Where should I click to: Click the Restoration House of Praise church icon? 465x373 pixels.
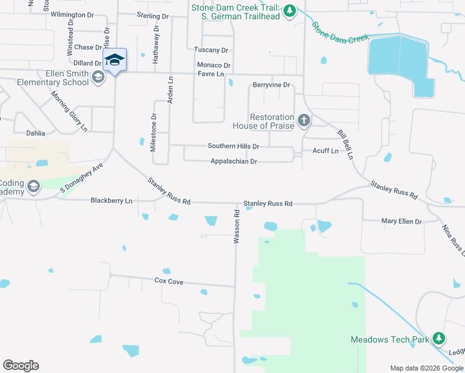[304, 120]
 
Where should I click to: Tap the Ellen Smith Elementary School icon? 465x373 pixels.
[98, 77]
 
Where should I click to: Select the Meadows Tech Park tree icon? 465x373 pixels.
[439, 338]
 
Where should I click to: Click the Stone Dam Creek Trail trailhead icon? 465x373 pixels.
[290, 12]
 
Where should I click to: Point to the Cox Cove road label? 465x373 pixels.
[168, 282]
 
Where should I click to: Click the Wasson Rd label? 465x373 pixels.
[237, 226]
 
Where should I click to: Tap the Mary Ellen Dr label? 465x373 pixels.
[401, 221]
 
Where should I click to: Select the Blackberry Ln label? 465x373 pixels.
[111, 201]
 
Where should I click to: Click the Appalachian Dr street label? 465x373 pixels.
[234, 162]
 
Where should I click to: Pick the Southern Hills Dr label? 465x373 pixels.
[233, 146]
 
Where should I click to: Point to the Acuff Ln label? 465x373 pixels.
[325, 151]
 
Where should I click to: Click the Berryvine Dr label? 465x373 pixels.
[272, 85]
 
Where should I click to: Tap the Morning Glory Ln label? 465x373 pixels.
[68, 111]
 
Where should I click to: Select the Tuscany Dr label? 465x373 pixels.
[211, 50]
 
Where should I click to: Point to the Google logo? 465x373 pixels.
[21, 366]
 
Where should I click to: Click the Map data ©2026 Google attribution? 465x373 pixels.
[426, 368]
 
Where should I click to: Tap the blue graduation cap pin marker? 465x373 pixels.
[114, 60]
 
